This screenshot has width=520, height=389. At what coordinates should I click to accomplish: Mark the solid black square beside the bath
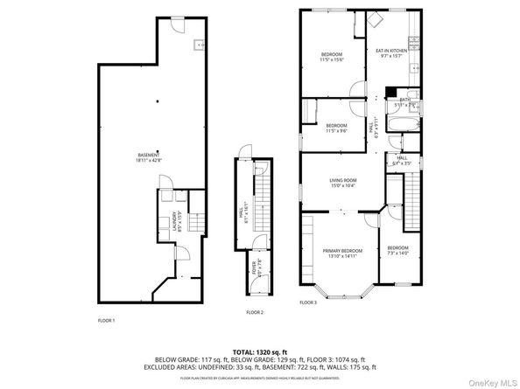click(390, 91)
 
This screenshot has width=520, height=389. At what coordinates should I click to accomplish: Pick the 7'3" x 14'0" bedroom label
click(398, 249)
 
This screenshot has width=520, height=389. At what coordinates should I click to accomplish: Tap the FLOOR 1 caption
click(105, 320)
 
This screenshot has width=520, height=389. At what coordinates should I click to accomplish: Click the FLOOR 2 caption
click(255, 312)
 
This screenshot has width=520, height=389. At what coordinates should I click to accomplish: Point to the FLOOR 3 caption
click(307, 302)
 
